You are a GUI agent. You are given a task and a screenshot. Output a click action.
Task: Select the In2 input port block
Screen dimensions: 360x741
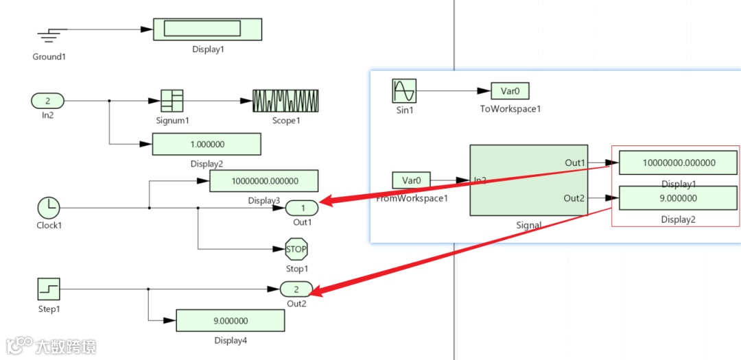click(47, 101)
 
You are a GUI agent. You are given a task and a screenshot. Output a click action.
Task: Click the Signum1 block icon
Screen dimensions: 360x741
click(172, 101)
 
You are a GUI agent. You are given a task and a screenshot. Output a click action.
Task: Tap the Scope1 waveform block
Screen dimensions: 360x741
click(285, 101)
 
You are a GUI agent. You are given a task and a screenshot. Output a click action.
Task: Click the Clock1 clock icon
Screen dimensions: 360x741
click(48, 206)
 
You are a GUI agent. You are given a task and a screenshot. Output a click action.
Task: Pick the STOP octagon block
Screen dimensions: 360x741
click(296, 249)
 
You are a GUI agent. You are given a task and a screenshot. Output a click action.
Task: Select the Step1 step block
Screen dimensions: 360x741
click(49, 289)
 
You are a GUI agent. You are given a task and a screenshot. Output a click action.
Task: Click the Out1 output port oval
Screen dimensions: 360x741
click(301, 207)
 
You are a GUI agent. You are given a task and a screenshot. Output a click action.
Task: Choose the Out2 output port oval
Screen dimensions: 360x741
click(296, 289)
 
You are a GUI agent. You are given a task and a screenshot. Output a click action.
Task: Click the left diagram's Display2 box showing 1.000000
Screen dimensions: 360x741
click(207, 145)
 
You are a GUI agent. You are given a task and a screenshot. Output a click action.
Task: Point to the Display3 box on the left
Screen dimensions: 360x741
click(263, 181)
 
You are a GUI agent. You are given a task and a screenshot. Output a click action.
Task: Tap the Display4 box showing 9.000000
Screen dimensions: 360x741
click(231, 320)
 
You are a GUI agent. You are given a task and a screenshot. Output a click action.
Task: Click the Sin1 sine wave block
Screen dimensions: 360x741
click(404, 91)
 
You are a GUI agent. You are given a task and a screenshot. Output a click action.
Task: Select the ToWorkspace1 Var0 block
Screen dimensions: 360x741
click(510, 91)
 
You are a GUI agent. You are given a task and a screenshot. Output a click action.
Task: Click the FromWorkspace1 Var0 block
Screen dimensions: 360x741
click(412, 180)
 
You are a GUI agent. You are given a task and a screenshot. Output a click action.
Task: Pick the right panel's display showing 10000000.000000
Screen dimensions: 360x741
click(678, 163)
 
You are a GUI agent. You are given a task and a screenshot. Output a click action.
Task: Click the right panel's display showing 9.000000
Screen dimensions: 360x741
click(678, 198)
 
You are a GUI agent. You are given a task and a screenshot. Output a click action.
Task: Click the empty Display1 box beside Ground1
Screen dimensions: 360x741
click(207, 29)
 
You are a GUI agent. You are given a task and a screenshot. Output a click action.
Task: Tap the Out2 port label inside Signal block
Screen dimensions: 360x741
click(574, 198)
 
